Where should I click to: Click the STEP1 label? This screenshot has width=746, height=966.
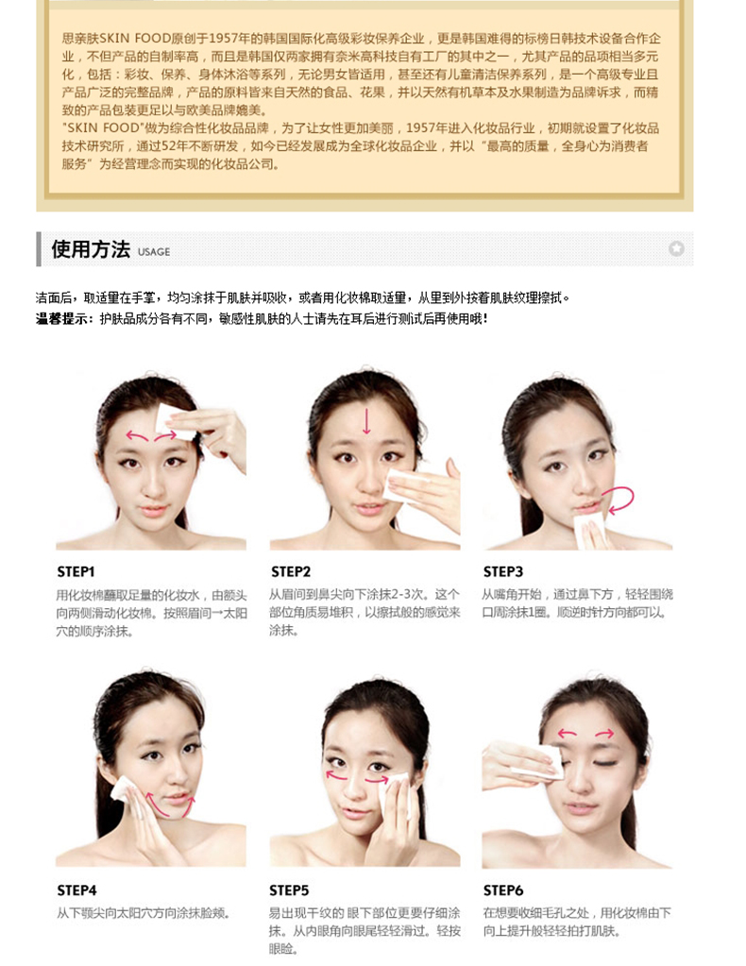(76, 571)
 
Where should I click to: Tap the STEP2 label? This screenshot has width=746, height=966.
(291, 571)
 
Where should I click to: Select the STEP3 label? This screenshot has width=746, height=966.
(502, 571)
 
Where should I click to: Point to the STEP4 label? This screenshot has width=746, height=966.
(77, 890)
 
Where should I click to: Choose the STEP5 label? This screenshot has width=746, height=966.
(289, 890)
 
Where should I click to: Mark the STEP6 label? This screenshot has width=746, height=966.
(503, 890)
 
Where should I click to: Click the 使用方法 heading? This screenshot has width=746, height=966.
(91, 249)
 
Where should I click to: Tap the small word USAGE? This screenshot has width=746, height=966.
(154, 252)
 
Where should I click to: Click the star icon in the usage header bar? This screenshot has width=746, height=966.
(676, 248)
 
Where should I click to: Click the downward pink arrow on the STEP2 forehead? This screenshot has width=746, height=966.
(366, 420)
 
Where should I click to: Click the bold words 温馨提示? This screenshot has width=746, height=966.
(64, 318)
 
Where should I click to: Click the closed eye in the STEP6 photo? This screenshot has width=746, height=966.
(604, 764)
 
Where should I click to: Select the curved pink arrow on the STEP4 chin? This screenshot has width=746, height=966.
(169, 805)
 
